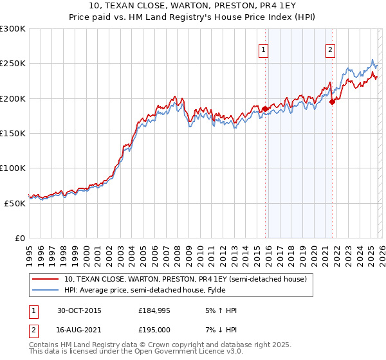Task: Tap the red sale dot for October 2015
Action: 265,109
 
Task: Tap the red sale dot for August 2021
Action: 332,101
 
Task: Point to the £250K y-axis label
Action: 13,64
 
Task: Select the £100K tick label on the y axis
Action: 13,168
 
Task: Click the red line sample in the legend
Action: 45,279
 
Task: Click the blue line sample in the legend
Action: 45,289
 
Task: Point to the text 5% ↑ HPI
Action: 220,310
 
